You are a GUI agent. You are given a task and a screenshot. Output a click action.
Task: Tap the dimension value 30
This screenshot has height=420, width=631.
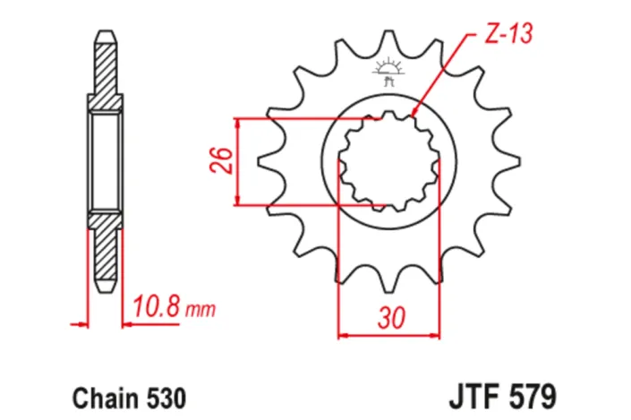click(x=389, y=319)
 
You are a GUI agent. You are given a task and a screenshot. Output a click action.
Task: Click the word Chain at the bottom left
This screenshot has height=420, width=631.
click(x=96, y=394)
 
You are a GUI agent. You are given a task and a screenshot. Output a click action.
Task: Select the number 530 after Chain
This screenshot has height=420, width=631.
click(x=165, y=394)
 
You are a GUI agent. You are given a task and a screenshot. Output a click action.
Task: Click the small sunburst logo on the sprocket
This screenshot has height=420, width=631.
click(x=388, y=71)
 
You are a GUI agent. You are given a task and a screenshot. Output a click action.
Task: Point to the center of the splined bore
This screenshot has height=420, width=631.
click(x=389, y=161)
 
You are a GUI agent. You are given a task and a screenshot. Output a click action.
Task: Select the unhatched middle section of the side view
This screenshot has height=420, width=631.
click(x=104, y=161)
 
